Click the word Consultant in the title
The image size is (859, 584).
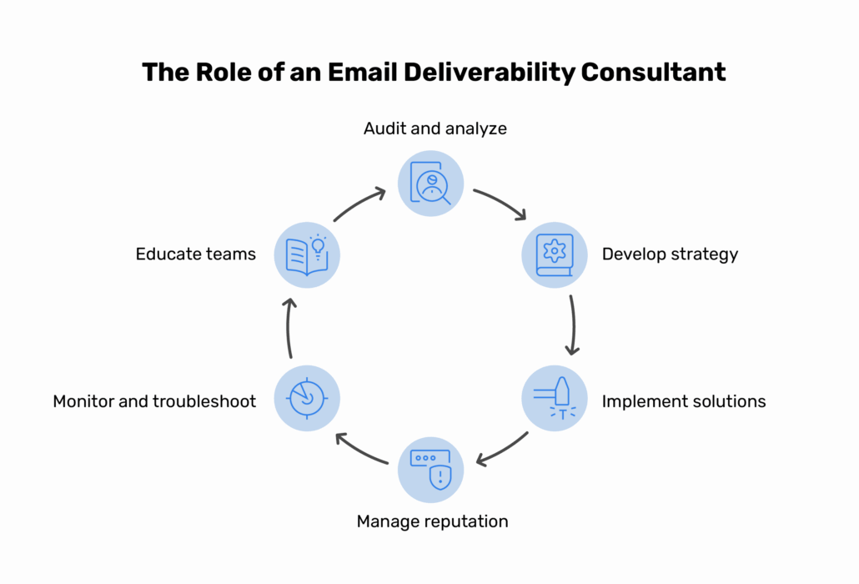click(653, 72)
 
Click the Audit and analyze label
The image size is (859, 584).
click(435, 128)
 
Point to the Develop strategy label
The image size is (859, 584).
click(670, 254)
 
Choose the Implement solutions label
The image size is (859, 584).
click(684, 401)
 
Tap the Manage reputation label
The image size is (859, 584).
click(432, 521)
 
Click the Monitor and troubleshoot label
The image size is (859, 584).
click(154, 401)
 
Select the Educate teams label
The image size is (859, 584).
click(196, 254)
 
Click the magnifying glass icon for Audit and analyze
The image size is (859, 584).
click(431, 183)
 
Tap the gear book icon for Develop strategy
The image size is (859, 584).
click(555, 254)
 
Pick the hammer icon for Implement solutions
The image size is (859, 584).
click(555, 398)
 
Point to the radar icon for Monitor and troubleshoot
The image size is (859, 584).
click(307, 398)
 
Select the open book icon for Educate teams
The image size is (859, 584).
click(307, 254)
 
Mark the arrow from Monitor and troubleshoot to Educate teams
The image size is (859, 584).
click(289, 327)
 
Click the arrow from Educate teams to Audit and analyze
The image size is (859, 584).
click(359, 204)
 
